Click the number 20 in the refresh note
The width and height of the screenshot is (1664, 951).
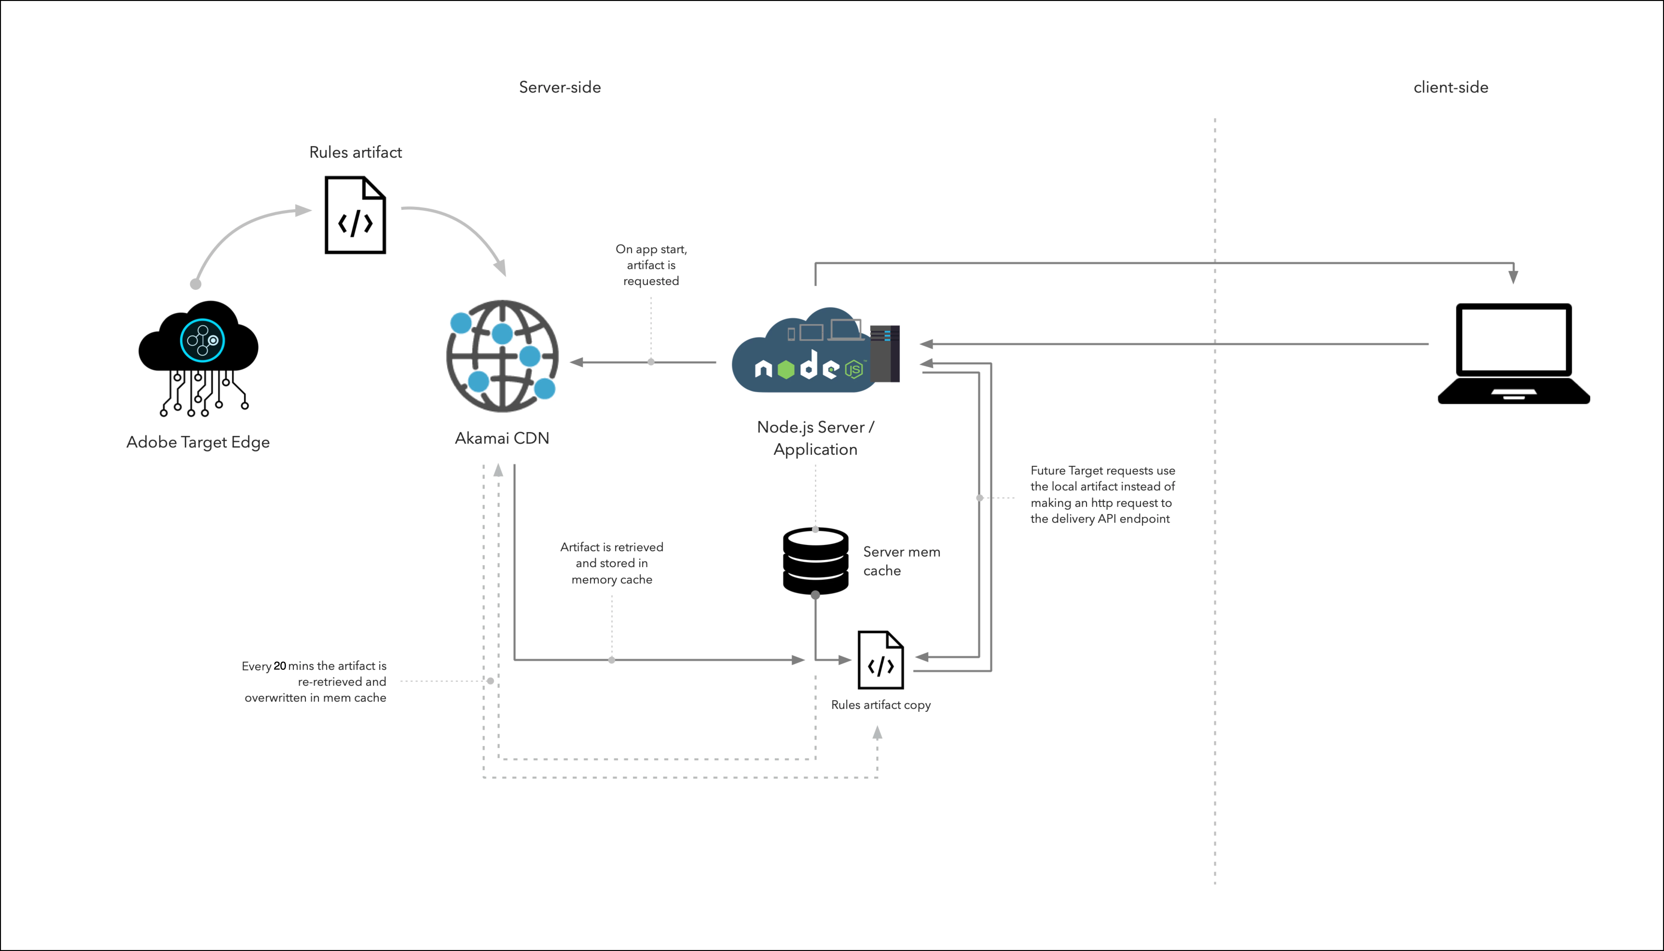point(280,666)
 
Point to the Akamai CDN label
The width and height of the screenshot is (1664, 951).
point(502,438)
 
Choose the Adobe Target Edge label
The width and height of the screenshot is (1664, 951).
point(198,442)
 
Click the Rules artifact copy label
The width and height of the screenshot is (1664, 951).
point(881,705)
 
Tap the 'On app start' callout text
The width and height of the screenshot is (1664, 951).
point(651,265)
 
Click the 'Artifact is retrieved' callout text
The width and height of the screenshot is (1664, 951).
point(612,563)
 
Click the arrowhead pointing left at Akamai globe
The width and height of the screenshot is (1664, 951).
point(576,362)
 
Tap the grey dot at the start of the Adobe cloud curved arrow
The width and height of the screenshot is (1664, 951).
point(195,284)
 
